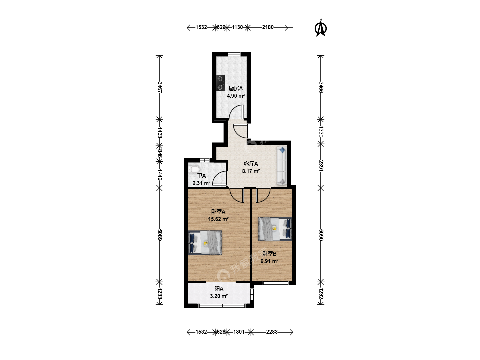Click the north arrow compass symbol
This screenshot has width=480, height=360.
coord(321,28)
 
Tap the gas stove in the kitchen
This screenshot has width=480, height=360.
coord(221,83)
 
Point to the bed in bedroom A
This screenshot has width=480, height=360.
coord(205,243)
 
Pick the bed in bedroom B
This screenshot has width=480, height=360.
coord(275,229)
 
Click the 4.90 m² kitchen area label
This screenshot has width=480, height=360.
coord(236,96)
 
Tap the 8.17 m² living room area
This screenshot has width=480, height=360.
coord(251,171)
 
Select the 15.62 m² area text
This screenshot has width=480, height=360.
coord(218,219)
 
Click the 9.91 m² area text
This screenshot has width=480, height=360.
coord(269,261)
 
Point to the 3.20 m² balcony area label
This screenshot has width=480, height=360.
coord(219,296)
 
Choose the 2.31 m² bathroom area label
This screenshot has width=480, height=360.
coord(201,183)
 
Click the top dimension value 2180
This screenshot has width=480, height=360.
coord(268,27)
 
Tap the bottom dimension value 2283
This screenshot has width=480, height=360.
coord(272,332)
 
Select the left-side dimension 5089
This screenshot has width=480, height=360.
coord(160,235)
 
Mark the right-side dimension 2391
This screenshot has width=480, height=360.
coord(321,166)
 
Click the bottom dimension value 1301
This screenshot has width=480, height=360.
coord(239,332)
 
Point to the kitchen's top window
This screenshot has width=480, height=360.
coord(234,54)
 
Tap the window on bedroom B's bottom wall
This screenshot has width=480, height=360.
coord(276,283)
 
